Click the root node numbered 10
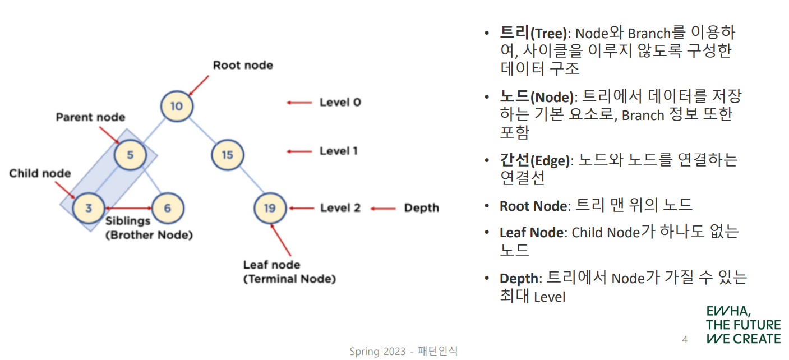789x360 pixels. (x=177, y=105)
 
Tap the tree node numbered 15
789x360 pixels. (x=227, y=153)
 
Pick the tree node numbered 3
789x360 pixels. (x=89, y=208)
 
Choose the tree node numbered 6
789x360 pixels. (x=167, y=208)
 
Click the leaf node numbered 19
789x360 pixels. (x=270, y=208)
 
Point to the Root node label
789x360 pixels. (x=242, y=65)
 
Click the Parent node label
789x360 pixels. (x=90, y=117)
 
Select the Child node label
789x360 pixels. (x=40, y=173)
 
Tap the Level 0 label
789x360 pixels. (x=340, y=102)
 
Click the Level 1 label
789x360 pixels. (x=338, y=151)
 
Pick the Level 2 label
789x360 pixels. (x=340, y=208)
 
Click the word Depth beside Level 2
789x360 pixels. (x=421, y=208)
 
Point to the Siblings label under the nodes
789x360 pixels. (x=128, y=221)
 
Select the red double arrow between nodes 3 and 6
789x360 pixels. (x=128, y=208)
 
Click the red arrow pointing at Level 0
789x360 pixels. (x=299, y=102)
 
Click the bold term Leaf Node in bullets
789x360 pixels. (x=531, y=232)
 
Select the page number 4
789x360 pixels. (x=684, y=339)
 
